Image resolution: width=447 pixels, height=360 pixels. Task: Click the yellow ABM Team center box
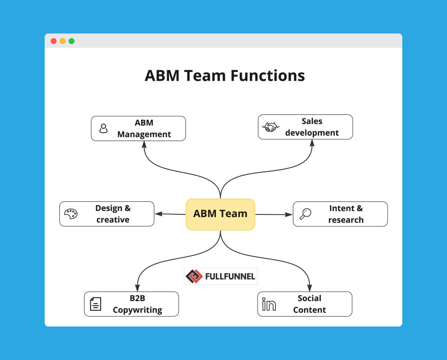[x=220, y=214]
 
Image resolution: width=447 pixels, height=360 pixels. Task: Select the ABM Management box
[x=138, y=129]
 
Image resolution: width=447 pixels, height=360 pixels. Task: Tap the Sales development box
[x=305, y=127]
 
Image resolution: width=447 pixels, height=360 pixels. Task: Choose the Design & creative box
[x=107, y=214]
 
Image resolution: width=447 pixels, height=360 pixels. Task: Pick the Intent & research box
[x=340, y=214]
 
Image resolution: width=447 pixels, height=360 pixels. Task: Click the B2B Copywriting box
[x=131, y=304]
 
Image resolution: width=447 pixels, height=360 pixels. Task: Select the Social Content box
[x=305, y=304]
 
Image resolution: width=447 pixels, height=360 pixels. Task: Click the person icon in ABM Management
[x=104, y=129]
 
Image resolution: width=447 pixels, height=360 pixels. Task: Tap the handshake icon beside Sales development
[x=270, y=127]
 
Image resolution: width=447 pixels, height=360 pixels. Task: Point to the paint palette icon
[x=71, y=214]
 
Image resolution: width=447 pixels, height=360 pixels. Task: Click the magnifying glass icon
[x=305, y=214]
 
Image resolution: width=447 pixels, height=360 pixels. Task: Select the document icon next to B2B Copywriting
[x=95, y=304]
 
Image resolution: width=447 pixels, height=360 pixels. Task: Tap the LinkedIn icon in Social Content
[x=269, y=304]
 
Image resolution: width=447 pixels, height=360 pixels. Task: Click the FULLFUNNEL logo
[x=220, y=276]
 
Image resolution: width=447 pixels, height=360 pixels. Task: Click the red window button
[x=54, y=41]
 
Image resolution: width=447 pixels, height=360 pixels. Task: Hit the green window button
[x=72, y=41]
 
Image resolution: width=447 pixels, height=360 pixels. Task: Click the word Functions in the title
[x=267, y=75]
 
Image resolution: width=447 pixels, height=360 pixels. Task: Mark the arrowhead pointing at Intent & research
[x=289, y=214]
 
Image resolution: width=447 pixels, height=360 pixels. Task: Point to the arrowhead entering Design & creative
[x=158, y=214]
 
